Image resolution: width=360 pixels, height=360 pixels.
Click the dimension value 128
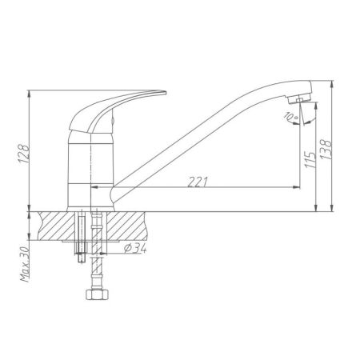tap(23, 153)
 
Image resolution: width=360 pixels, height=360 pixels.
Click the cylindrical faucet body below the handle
tap(90, 172)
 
